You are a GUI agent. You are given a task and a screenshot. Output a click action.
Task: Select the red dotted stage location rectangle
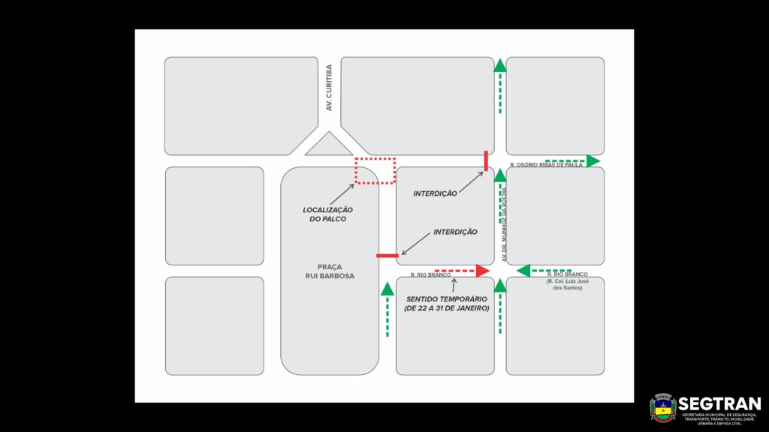[375, 170]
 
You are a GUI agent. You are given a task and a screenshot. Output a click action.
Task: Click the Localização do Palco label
[327, 214]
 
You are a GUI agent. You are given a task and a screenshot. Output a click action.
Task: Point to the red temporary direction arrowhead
[482, 271]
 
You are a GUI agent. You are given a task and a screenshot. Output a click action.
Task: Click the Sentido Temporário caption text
[446, 304]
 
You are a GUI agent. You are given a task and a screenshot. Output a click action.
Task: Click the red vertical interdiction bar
[486, 160]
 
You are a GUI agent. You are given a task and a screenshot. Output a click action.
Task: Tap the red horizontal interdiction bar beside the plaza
[388, 256]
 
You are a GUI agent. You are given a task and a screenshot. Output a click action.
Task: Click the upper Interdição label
[435, 193]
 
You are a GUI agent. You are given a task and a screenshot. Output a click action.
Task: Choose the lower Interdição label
[455, 232]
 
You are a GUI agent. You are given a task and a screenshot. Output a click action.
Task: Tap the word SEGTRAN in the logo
[719, 403]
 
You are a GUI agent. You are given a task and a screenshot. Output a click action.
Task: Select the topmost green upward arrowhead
[500, 65]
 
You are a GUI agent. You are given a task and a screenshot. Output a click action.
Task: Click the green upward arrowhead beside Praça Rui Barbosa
[388, 289]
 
